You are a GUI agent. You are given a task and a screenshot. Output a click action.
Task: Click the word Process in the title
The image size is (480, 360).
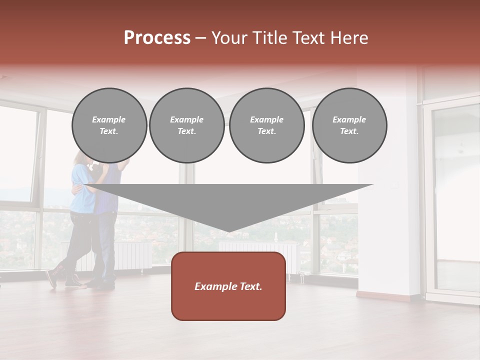(157, 38)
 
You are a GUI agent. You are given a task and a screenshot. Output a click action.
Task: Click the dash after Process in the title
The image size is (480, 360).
(201, 39)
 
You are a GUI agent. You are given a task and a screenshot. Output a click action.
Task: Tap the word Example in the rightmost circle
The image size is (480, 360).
(349, 119)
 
